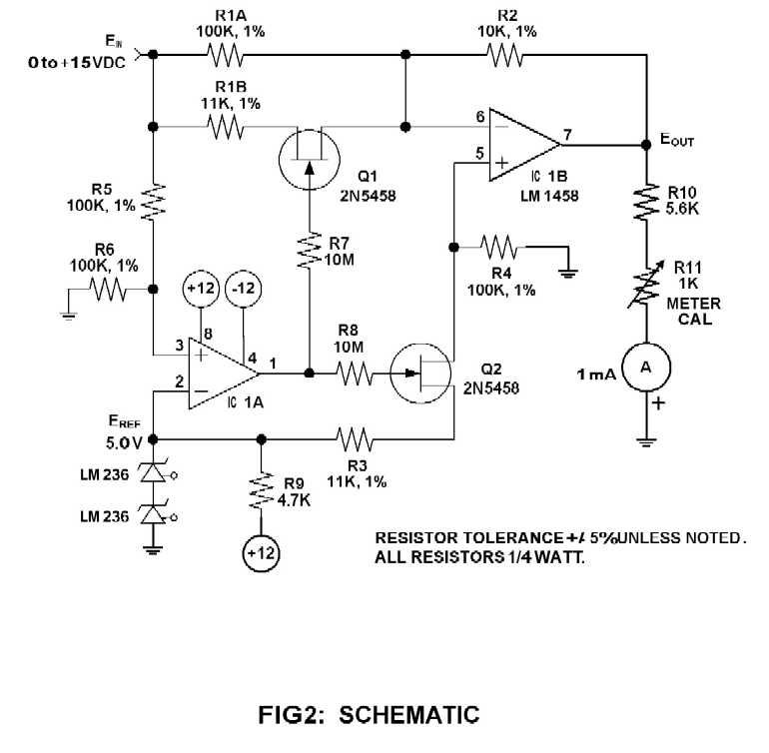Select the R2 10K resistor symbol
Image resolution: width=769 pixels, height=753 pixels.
tap(505, 55)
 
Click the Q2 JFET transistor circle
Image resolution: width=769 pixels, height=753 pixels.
tap(426, 375)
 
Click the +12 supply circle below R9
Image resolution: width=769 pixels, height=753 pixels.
tap(262, 550)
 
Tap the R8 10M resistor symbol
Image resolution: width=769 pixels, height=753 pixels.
tap(355, 375)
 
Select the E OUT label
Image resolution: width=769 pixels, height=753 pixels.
tap(678, 142)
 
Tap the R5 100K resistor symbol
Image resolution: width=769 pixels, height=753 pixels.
tap(152, 202)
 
